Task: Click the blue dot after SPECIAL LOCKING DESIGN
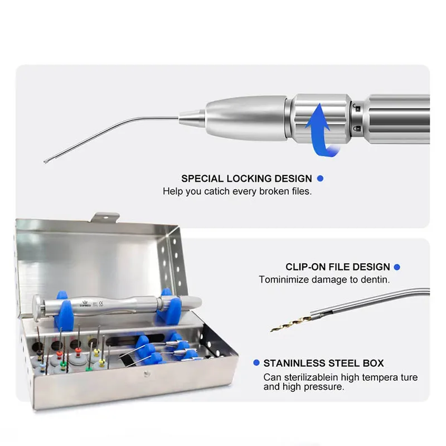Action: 320,178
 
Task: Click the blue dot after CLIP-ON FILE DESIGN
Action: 397,267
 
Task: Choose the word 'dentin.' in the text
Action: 375,280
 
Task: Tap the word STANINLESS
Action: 294,363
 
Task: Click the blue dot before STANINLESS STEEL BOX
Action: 256,363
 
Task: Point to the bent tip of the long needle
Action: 46,162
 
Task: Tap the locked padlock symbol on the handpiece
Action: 357,129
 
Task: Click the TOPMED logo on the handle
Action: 85,304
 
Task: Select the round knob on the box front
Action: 147,374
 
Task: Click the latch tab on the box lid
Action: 104,217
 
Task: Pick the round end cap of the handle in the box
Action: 36,308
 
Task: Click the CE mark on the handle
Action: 101,304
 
